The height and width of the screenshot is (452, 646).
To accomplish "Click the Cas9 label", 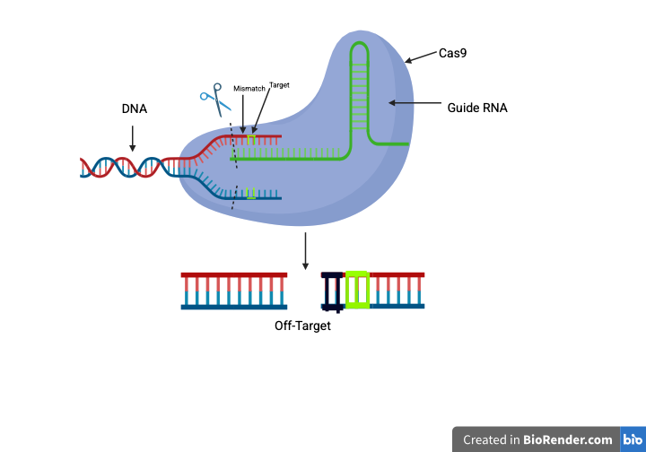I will pos(452,53).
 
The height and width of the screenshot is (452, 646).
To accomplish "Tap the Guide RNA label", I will pos(478,108).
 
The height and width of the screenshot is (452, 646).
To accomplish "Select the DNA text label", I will pos(135,109).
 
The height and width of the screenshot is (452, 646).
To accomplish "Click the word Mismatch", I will pos(249,89).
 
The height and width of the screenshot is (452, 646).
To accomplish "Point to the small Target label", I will pos(279,84).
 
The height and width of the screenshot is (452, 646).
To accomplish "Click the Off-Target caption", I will pos(302,326).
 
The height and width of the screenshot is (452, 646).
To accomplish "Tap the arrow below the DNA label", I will pos(133,137).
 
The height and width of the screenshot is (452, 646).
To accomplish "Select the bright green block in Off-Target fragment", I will pos(357,290).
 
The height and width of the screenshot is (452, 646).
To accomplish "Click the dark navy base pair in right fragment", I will pos(333,291).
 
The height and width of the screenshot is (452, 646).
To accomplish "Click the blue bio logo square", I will pos(632,439).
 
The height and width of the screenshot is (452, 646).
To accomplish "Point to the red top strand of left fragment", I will pos(233,274).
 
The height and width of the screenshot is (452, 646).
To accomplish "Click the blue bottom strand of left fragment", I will pos(233,307).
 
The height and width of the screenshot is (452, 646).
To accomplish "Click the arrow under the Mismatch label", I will pos(242,115).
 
